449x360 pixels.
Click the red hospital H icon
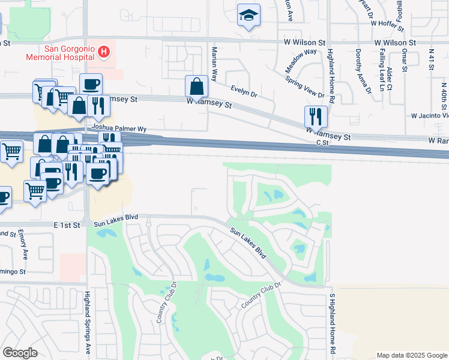[x=104, y=52]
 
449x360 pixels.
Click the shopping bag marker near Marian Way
[x=196, y=87]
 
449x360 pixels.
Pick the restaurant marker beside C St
[x=316, y=116]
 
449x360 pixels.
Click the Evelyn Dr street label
[x=244, y=91]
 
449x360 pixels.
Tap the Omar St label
[x=405, y=61]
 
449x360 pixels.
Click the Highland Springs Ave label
[x=88, y=322]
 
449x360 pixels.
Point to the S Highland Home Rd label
[x=331, y=322]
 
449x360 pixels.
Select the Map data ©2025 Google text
[x=411, y=355]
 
